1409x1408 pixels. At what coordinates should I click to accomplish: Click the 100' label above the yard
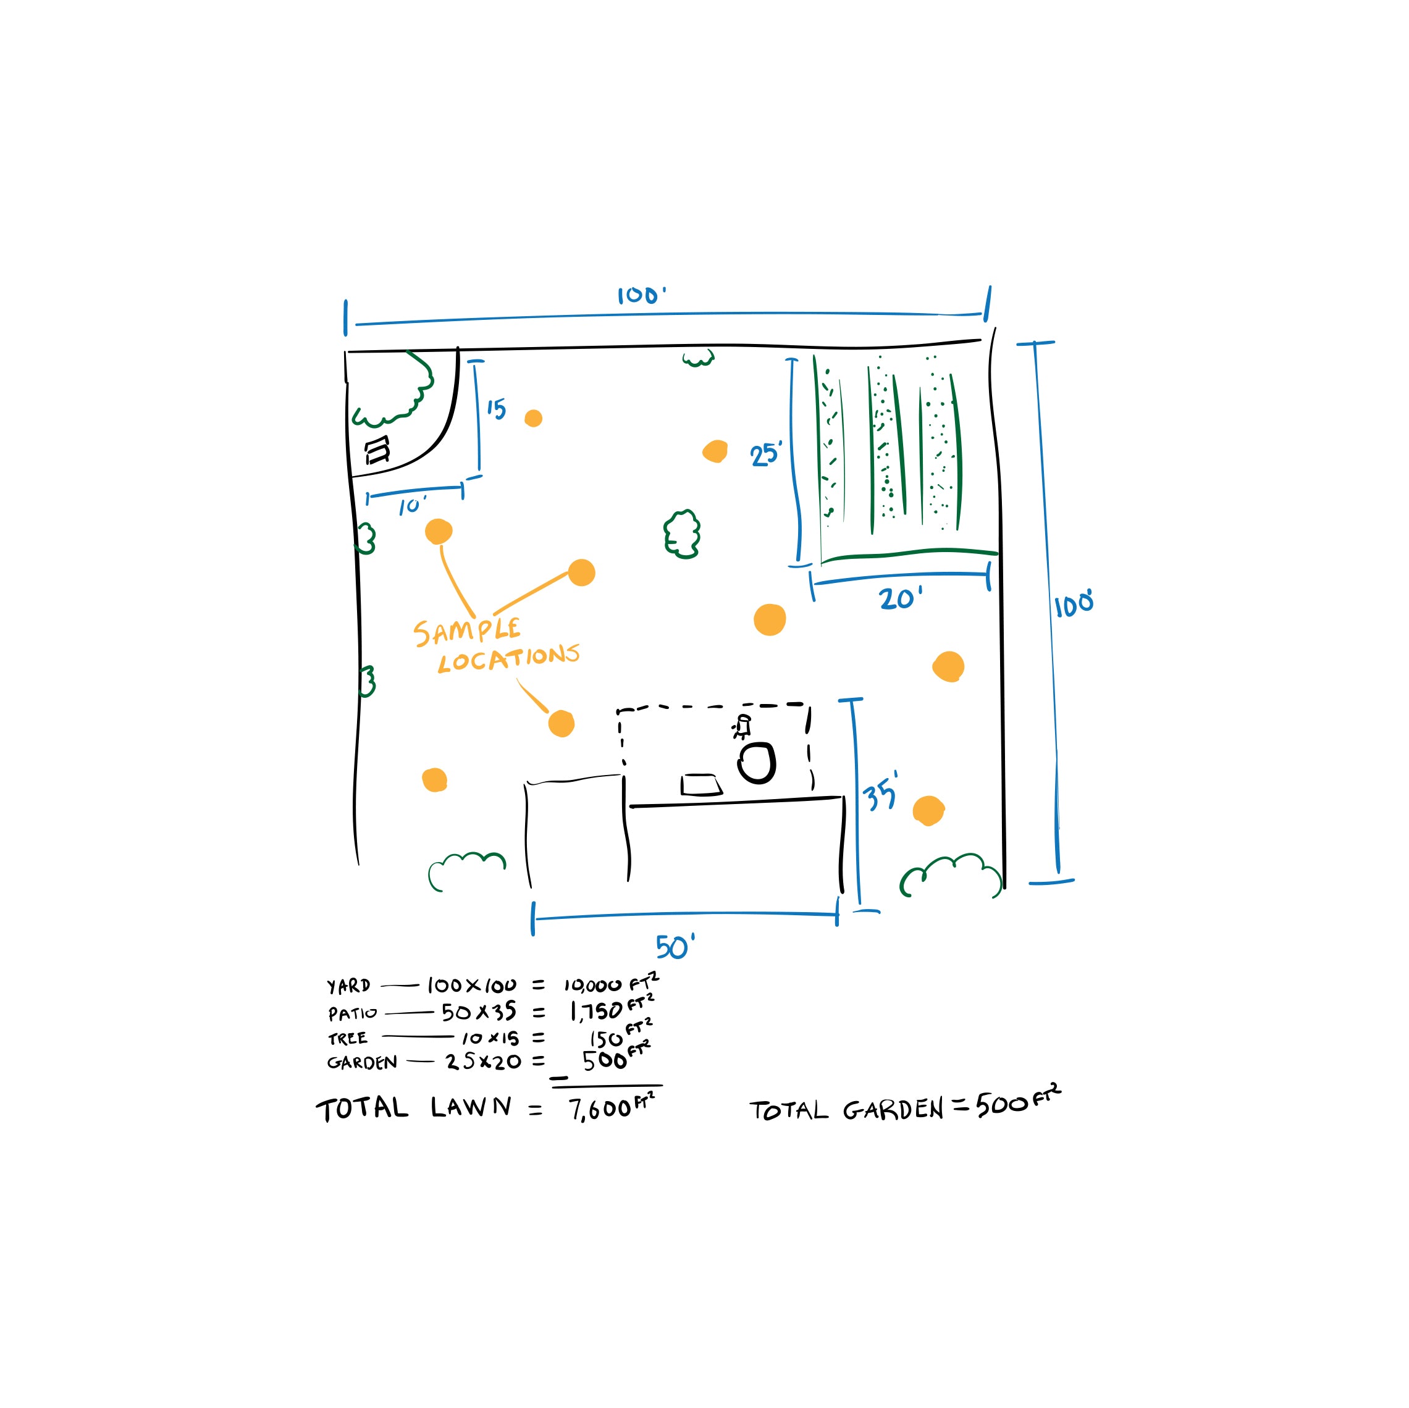[641, 295]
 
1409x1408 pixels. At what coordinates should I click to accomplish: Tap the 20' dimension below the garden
[899, 598]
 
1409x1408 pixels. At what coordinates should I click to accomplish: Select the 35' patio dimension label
[880, 794]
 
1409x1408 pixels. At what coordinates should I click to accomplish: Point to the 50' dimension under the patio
[674, 947]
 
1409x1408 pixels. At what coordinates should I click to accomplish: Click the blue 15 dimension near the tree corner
[497, 408]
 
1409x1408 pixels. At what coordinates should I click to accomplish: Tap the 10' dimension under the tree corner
[411, 505]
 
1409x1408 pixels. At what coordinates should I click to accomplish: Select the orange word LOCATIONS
[508, 658]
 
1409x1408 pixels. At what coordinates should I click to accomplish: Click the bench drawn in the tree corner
[377, 450]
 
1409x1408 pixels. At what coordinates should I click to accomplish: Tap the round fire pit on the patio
[756, 763]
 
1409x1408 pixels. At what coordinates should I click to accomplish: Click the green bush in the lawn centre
[682, 534]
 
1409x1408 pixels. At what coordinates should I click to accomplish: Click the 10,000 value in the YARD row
[592, 986]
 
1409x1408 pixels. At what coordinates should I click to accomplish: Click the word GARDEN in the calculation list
[362, 1062]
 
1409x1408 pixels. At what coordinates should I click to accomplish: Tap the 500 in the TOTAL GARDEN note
[1002, 1105]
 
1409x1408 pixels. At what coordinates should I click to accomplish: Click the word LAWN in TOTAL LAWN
[471, 1107]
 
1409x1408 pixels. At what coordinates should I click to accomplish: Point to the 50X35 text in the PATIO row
[479, 1012]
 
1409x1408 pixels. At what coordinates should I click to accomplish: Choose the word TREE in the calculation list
[348, 1038]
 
